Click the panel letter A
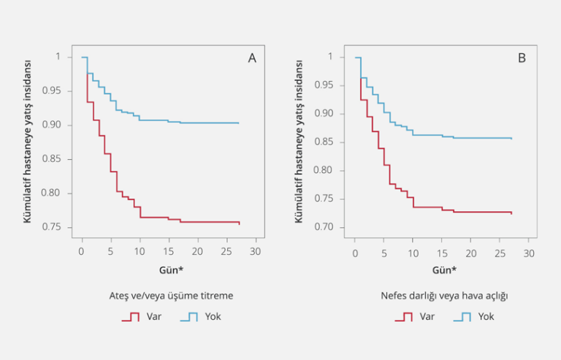coord(252,58)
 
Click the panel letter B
coord(522,58)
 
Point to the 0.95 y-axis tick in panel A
coord(61,91)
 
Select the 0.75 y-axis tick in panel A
coord(61,227)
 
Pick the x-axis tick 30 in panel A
coord(255,252)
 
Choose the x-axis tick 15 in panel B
coord(442,252)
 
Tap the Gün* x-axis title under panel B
coord(443,269)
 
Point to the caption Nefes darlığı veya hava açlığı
coord(444,296)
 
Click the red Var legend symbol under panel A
coord(131,317)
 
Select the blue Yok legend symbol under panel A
coord(190,317)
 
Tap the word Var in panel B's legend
coord(427,317)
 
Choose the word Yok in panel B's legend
coord(486,317)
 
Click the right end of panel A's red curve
coord(239,223)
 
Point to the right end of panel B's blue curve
coord(511,138)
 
